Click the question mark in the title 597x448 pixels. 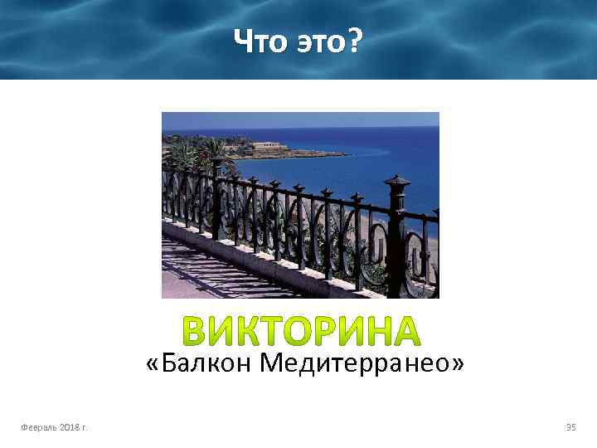(354, 39)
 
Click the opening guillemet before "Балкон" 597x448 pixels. (152, 363)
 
